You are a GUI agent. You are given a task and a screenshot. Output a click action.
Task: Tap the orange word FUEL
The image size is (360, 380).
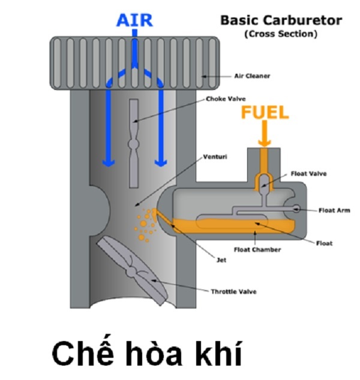click(265, 112)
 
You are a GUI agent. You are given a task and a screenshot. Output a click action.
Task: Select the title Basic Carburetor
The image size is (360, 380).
click(281, 20)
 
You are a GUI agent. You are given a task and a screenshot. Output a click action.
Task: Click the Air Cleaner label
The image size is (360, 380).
click(252, 76)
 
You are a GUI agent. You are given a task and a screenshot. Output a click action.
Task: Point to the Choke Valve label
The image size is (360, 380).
click(226, 99)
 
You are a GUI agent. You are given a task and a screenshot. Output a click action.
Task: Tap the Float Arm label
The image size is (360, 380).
click(334, 210)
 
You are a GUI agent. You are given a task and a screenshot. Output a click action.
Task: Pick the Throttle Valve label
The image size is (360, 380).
click(233, 291)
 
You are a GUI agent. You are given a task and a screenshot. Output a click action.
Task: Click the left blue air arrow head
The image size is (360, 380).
click(108, 162)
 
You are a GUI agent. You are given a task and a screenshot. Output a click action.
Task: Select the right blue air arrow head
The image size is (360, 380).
click(159, 162)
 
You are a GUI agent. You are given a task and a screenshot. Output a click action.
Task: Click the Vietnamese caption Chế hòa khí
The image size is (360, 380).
click(146, 354)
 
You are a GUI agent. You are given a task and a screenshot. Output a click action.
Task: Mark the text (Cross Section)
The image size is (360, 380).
click(280, 34)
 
